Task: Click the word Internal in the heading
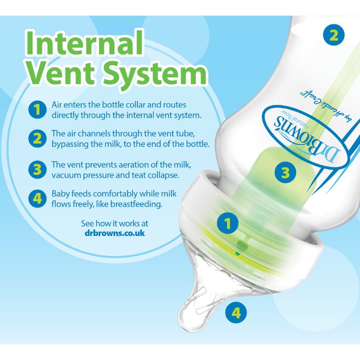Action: click(84, 43)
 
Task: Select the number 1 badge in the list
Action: click(37, 109)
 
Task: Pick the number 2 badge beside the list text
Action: click(37, 139)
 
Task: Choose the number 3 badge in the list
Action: click(37, 170)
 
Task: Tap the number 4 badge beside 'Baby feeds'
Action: click(37, 198)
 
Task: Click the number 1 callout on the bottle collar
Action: click(228, 223)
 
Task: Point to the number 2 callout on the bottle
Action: click(333, 36)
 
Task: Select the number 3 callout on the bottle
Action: click(285, 172)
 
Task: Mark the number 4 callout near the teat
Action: click(236, 312)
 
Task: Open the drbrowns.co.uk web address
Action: click(115, 233)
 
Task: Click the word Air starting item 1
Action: click(57, 105)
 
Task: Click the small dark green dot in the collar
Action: click(238, 254)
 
